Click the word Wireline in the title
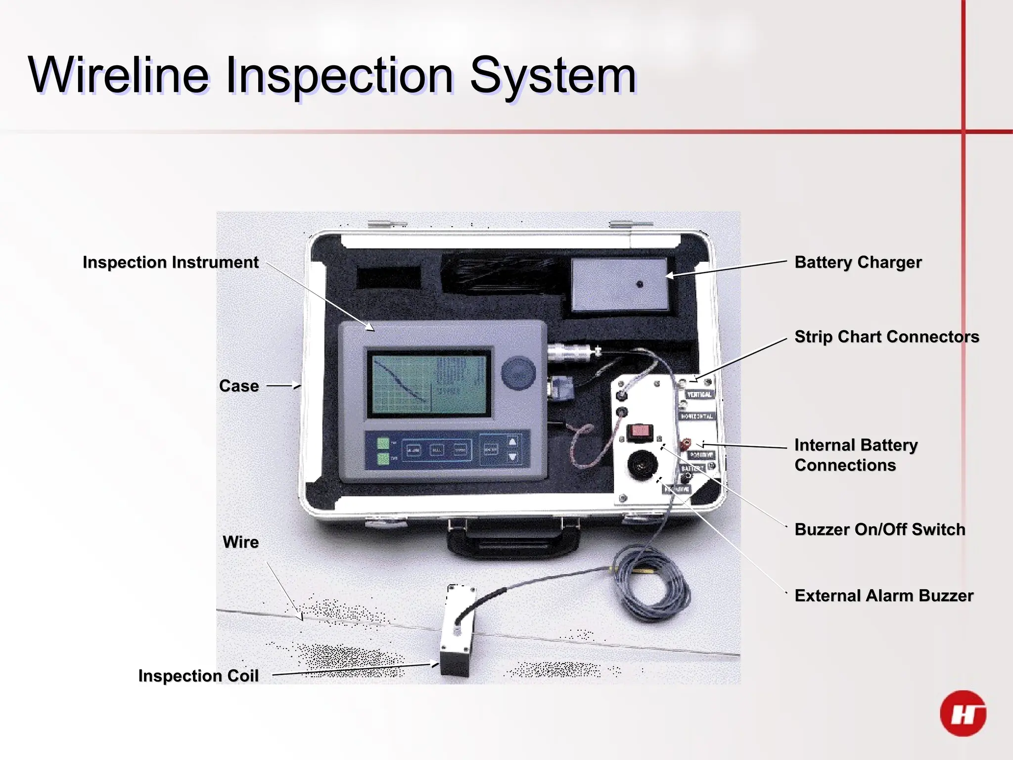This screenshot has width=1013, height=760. click(x=119, y=75)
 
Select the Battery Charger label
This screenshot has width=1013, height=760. click(x=858, y=262)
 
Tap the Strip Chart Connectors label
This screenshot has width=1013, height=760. click(x=886, y=336)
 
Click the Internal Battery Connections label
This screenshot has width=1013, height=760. click(x=856, y=455)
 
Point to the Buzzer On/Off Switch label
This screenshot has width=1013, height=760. click(x=879, y=529)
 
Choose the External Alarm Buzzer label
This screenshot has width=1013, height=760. click(x=883, y=595)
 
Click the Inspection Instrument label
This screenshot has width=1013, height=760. click(x=171, y=262)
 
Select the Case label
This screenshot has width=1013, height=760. click(x=239, y=386)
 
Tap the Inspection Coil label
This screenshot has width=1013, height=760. click(x=198, y=676)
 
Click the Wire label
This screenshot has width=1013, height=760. click(x=241, y=542)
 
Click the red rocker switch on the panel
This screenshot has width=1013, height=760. click(x=640, y=432)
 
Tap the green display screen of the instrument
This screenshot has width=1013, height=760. click(x=428, y=384)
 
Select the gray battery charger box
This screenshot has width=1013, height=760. click(x=619, y=285)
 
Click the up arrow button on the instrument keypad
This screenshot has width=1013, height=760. click(x=512, y=442)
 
